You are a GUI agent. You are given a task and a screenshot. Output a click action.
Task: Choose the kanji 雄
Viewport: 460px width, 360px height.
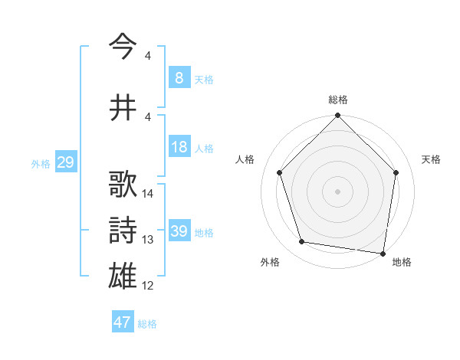tap(123, 275)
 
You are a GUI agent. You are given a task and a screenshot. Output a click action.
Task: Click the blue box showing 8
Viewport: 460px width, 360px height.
tap(179, 78)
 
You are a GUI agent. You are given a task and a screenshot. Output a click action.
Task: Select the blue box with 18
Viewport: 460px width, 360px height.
tap(179, 147)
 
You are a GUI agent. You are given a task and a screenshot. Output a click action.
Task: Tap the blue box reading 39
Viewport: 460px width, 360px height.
tap(179, 231)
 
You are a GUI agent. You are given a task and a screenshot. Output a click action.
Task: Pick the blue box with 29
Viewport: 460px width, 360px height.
tap(65, 162)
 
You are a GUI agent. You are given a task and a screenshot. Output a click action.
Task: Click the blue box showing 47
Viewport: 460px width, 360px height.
tap(122, 322)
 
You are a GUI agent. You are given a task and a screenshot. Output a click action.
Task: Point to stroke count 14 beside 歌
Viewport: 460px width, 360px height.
tap(148, 194)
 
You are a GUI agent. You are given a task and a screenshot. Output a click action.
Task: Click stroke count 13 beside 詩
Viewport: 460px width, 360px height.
tap(148, 240)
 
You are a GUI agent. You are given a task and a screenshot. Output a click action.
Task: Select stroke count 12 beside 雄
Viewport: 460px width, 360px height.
tap(148, 286)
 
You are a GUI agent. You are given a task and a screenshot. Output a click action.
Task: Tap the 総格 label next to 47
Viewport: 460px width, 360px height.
tap(147, 324)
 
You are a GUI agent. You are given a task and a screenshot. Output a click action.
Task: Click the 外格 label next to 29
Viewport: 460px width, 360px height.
tap(40, 164)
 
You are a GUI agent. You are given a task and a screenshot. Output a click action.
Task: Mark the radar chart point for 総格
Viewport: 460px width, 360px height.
tap(337, 116)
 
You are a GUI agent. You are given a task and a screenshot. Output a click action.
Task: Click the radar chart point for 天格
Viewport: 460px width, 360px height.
tap(396, 173)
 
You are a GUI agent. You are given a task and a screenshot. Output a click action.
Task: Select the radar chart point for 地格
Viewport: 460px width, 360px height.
tap(383, 253)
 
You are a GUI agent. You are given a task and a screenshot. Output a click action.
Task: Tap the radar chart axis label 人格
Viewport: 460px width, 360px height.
tap(245, 159)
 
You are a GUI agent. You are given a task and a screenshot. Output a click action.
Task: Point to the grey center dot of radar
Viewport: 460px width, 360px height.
tap(337, 191)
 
